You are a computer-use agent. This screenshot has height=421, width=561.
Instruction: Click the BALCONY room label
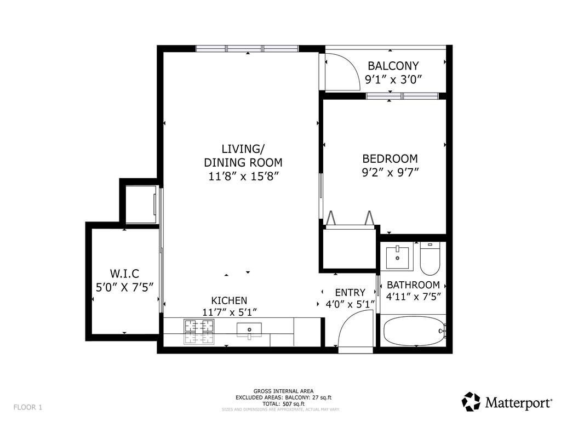393,66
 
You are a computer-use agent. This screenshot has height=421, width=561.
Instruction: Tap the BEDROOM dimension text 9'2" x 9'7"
390,172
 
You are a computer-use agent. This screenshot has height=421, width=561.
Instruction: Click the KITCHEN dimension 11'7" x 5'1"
229,312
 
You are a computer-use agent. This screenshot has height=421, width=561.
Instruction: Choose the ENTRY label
350,293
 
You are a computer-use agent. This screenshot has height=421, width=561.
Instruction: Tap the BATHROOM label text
413,285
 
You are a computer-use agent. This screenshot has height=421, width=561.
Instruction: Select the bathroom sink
397,258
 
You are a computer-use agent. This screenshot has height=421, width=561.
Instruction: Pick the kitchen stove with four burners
199,332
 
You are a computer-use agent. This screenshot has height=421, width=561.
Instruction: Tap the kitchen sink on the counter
249,330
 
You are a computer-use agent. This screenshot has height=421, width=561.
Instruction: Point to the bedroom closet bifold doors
350,219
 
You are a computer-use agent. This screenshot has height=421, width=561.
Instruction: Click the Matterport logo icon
471,402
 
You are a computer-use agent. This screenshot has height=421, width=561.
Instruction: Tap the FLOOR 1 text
28,407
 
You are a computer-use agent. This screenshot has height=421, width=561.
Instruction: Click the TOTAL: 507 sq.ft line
283,403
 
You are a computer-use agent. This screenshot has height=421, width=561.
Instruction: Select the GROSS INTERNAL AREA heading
283,391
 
